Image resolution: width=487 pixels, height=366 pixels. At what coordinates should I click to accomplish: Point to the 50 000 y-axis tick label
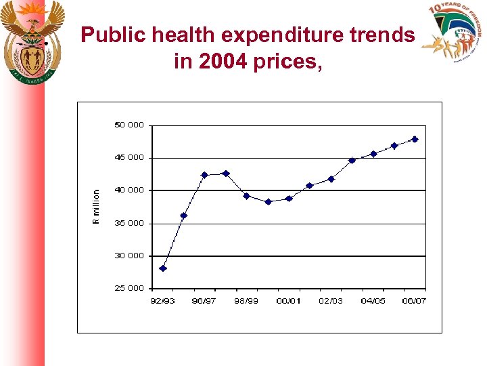[129, 125]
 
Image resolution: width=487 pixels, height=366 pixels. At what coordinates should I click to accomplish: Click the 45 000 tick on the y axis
[129, 158]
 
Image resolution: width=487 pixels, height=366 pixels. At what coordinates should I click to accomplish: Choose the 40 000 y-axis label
[129, 190]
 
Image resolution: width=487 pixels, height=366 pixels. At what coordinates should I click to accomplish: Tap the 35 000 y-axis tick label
[129, 223]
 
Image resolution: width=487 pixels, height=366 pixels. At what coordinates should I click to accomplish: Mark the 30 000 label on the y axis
[129, 256]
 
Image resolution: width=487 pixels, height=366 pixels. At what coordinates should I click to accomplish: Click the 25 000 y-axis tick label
[129, 288]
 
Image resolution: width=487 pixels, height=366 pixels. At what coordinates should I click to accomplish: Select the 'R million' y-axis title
[96, 207]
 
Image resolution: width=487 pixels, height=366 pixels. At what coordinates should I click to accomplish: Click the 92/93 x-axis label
[162, 301]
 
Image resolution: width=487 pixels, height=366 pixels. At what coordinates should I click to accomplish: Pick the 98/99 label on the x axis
[246, 301]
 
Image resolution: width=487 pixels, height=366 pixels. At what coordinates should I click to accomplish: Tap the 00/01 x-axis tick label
[289, 301]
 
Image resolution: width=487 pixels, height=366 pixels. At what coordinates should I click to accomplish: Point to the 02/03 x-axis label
[331, 301]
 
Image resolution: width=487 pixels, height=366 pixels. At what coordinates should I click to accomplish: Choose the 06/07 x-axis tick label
[414, 301]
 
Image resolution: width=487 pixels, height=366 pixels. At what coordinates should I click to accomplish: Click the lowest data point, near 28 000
[163, 268]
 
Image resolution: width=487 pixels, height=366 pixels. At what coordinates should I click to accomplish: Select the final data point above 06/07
[415, 139]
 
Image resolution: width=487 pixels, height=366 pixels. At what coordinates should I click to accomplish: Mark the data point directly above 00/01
[289, 199]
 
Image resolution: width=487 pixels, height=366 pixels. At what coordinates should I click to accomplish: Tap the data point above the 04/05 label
[373, 154]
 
